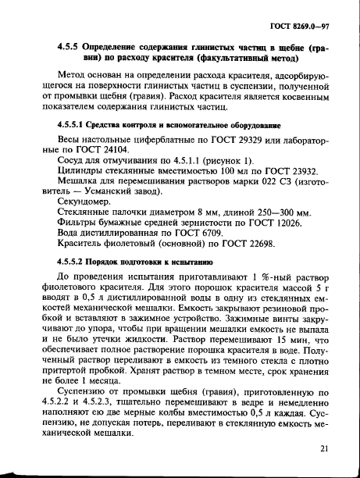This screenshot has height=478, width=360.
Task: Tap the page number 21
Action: click(x=326, y=449)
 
